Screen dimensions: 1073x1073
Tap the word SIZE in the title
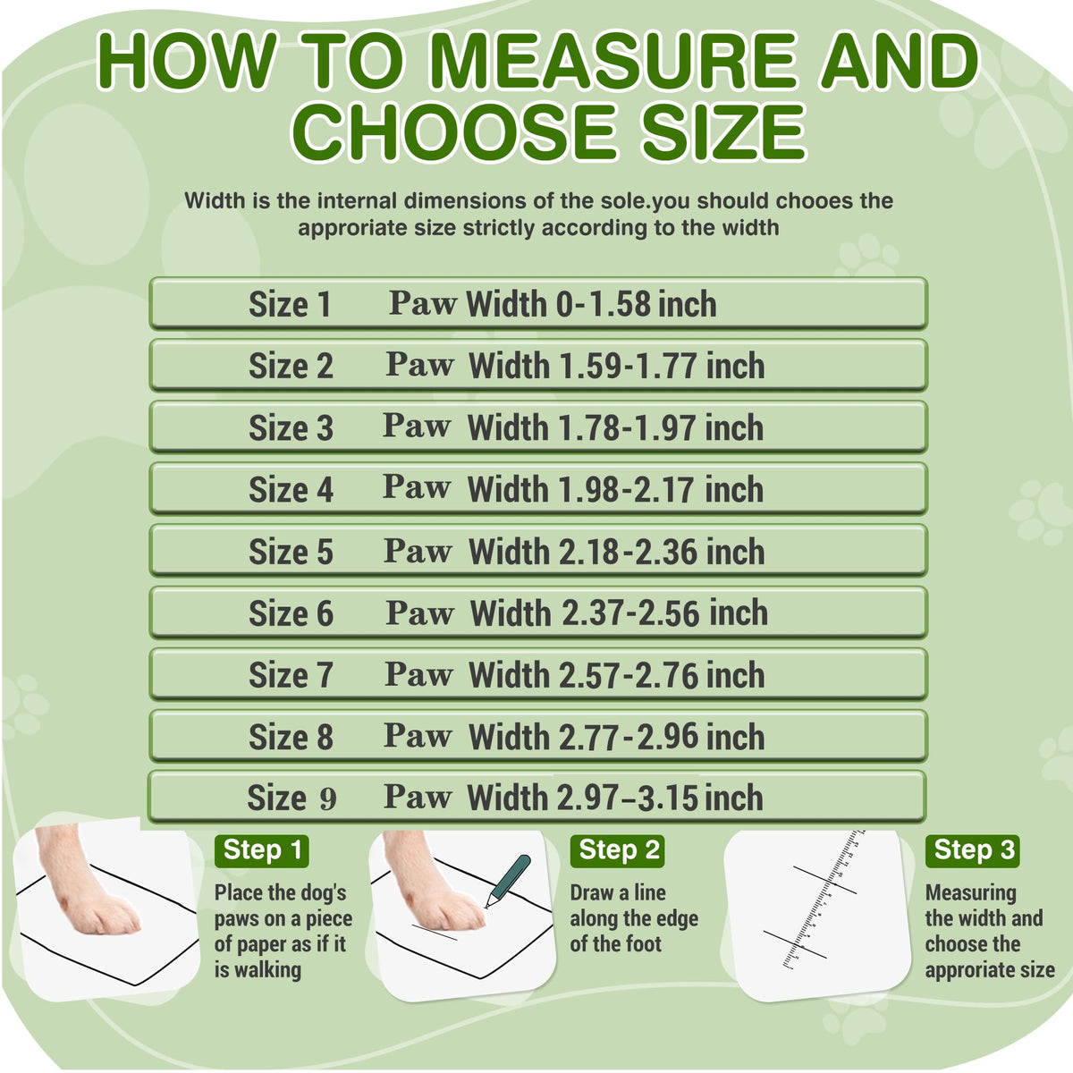click(723, 132)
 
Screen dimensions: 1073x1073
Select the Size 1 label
click(290, 305)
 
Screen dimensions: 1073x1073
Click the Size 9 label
click(291, 798)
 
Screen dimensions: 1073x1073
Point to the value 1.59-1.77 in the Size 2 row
click(629, 367)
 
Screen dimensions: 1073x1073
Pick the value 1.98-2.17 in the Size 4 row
click(629, 490)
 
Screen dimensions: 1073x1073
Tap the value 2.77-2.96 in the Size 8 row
click(629, 737)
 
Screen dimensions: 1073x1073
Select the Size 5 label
click(291, 552)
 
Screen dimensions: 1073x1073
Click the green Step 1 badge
click(262, 851)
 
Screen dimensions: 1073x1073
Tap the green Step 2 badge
click(618, 851)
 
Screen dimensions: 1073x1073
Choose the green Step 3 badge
click(972, 851)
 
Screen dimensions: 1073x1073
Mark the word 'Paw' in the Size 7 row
click(418, 675)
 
